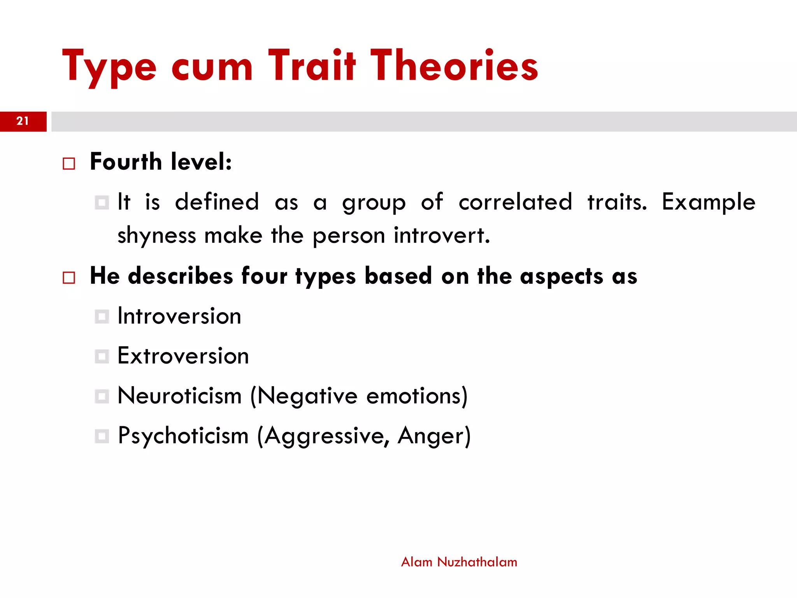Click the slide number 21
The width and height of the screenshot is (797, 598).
click(23, 121)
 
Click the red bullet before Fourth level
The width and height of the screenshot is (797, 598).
click(69, 164)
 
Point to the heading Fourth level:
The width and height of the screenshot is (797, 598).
click(161, 162)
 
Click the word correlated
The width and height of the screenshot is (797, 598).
click(515, 202)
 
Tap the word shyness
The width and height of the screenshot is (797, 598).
click(157, 236)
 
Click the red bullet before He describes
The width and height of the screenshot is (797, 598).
click(69, 278)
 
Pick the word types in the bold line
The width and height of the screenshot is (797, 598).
click(325, 277)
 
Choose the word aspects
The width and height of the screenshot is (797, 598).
click(561, 277)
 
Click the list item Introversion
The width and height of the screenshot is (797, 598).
click(179, 316)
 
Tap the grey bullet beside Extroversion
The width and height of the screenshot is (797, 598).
click(102, 356)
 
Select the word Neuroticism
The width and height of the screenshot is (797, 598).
click(179, 396)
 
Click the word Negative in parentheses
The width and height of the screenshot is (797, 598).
click(307, 396)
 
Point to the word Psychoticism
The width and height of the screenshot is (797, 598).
click(183, 436)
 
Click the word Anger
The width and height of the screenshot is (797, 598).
click(433, 436)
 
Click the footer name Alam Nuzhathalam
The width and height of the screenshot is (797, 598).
click(459, 562)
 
